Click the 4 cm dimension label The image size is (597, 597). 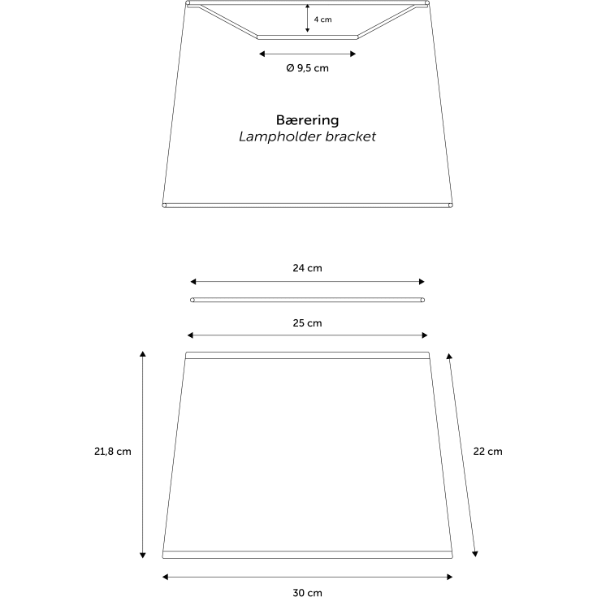[x=322, y=19]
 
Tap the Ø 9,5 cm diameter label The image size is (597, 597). [x=307, y=68]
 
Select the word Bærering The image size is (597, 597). [x=307, y=120]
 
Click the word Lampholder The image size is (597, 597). [x=279, y=136]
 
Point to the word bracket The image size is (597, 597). [x=351, y=136]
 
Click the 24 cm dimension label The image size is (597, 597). [x=307, y=268]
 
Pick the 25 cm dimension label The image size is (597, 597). [x=307, y=323]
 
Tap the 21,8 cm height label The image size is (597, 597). [x=113, y=452]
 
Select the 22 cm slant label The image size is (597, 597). [x=487, y=452]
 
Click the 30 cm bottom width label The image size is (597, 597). [x=307, y=592]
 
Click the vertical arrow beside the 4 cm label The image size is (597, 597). [x=307, y=18]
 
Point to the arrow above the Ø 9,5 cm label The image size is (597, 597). [x=307, y=54]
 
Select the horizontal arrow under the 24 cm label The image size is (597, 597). [x=307, y=282]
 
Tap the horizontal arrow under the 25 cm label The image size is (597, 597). [x=307, y=335]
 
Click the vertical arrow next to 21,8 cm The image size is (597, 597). [x=143, y=455]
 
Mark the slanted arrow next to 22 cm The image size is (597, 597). [x=462, y=455]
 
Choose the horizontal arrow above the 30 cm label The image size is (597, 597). [x=307, y=578]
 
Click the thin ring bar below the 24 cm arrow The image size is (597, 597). [x=307, y=300]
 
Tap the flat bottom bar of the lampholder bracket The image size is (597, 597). [x=307, y=37]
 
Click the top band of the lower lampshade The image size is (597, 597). [x=307, y=355]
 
